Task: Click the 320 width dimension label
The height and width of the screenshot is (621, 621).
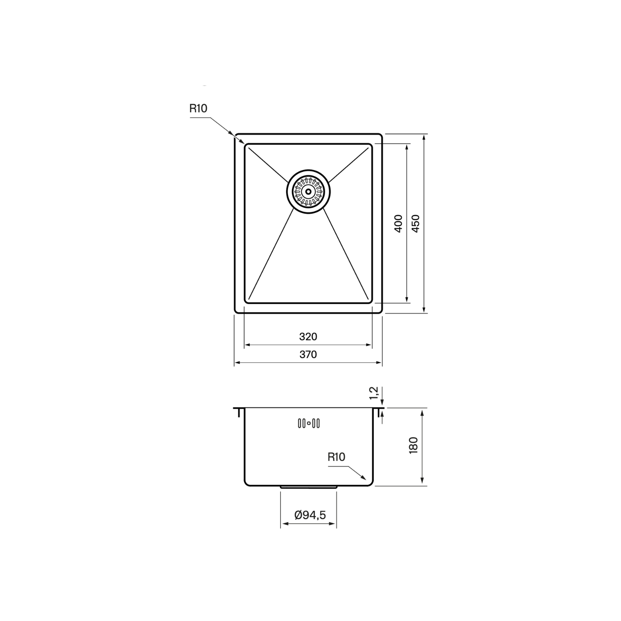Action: tap(308, 337)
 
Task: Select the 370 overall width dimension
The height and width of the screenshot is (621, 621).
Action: tap(308, 354)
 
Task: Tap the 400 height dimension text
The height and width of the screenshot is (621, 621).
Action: tap(398, 223)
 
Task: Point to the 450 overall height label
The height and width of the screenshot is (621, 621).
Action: tap(416, 223)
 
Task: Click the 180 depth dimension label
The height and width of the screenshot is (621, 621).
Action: tap(413, 445)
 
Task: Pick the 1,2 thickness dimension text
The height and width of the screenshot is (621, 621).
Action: tap(374, 393)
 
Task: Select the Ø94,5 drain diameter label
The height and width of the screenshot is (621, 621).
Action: tap(310, 515)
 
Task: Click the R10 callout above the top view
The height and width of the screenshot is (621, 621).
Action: tap(198, 108)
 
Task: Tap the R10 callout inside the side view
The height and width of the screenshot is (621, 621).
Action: tap(336, 457)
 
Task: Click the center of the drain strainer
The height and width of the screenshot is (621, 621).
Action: tap(309, 191)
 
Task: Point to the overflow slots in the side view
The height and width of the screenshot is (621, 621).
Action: tap(309, 423)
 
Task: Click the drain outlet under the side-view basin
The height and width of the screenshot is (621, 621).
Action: tap(309, 486)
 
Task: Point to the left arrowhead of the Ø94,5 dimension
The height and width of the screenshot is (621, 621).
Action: tap(283, 524)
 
